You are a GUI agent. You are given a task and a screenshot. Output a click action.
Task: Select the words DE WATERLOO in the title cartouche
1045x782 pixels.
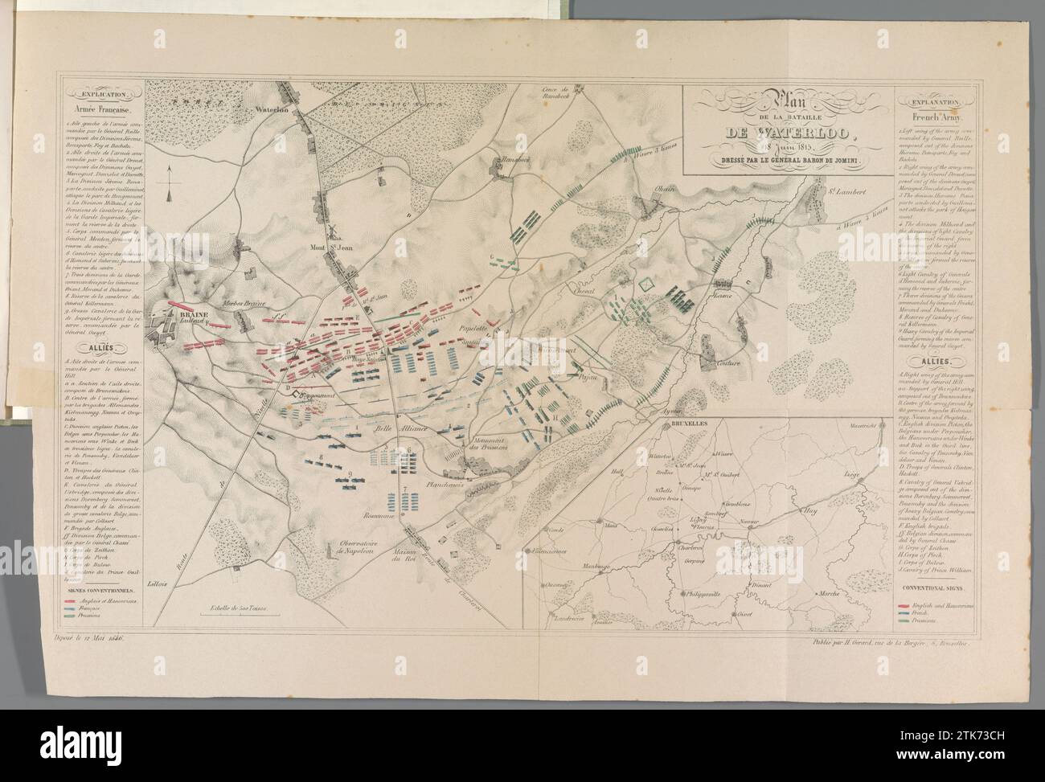[x=789, y=134]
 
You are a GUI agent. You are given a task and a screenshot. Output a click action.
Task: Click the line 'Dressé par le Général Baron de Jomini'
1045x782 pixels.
[x=789, y=163]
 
